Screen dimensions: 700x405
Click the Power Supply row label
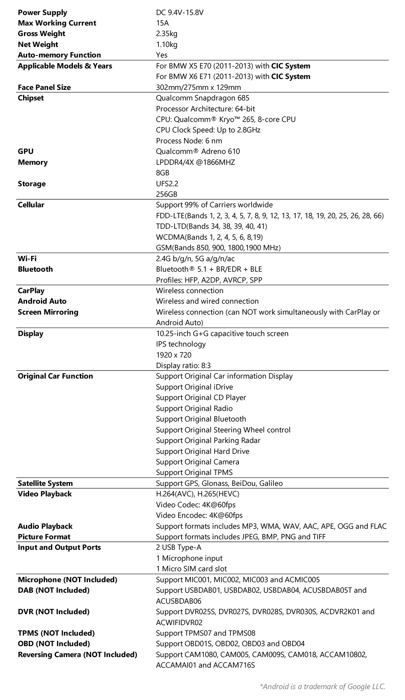point(42,13)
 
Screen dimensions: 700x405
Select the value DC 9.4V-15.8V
point(179,13)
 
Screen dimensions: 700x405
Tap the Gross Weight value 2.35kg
point(166,34)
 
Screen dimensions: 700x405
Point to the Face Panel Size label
point(44,87)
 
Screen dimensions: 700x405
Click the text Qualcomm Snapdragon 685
point(202,98)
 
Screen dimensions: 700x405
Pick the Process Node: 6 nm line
point(189,141)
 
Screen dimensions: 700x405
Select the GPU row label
point(26,151)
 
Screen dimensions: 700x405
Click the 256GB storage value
point(166,194)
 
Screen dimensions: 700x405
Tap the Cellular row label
point(31,205)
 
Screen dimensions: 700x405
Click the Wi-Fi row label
point(27,258)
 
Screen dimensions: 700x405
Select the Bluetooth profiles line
point(209,280)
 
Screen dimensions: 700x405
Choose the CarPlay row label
point(31,291)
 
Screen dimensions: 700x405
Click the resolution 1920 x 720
point(174,355)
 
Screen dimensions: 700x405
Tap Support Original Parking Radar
point(208,440)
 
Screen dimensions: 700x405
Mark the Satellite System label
point(45,483)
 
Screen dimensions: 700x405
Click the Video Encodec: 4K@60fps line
point(199,515)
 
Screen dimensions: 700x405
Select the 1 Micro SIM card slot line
point(191,569)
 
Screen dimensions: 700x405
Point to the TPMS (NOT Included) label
point(56,633)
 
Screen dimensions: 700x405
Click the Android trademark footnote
point(322,686)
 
